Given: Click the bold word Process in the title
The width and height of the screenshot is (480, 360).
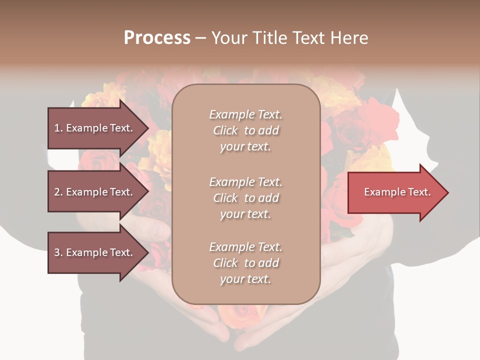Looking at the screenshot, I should click(157, 38).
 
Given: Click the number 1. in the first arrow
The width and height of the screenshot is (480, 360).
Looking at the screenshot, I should click(58, 128).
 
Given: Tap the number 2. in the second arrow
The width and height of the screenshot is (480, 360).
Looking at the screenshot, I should click(58, 192).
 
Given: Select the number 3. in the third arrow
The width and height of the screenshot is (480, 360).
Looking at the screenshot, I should click(58, 252).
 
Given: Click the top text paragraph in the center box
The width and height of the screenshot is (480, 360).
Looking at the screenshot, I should click(245, 130).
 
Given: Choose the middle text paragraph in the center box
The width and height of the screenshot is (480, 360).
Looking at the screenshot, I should click(245, 198).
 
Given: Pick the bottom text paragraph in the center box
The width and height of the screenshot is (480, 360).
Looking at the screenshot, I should click(245, 263).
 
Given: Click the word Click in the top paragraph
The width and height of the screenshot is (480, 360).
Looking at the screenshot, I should click(225, 131).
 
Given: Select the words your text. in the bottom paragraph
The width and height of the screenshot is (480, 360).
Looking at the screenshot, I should click(245, 279).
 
